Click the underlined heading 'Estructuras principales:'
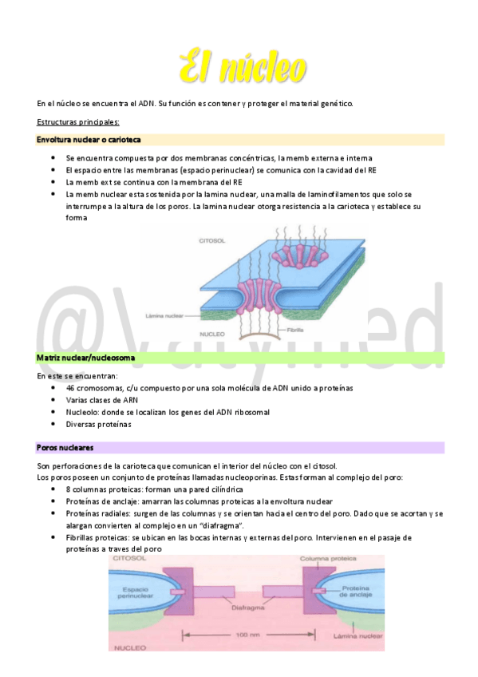tap(78, 121)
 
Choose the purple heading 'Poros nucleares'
tap(65, 448)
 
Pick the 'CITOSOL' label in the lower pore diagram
tap(126, 560)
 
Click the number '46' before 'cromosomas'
tap(71, 387)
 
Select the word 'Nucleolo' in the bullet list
tap(82, 412)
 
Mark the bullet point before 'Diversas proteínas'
tap(53, 425)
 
